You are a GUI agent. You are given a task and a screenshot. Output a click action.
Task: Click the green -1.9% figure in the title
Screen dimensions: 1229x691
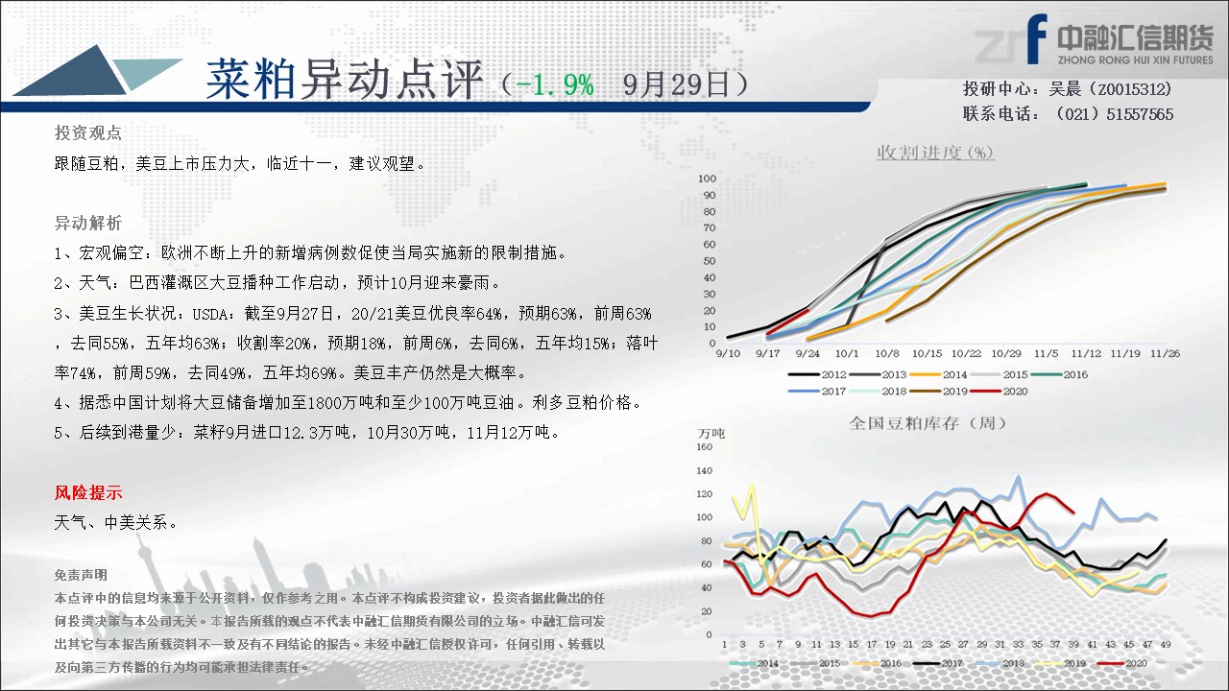click(x=555, y=85)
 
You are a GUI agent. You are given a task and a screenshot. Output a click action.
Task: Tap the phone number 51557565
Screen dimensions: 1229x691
click(x=1140, y=114)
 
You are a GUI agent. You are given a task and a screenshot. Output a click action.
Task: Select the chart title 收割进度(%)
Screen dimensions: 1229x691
click(x=935, y=152)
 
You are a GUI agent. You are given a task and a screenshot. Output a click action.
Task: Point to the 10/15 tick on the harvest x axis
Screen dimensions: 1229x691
click(x=927, y=354)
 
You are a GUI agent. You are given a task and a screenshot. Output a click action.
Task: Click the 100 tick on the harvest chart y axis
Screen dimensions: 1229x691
click(x=708, y=179)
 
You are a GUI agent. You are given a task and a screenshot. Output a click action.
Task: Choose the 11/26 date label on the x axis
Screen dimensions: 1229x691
click(x=1165, y=354)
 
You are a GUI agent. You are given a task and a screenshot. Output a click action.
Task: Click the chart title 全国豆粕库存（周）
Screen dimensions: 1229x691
click(x=928, y=423)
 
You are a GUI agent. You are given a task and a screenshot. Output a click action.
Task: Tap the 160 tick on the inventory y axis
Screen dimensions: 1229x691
click(x=704, y=447)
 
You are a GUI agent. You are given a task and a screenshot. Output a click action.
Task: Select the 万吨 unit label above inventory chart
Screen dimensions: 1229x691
click(x=711, y=433)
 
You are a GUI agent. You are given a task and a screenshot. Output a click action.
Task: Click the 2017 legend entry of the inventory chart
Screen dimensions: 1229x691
click(x=938, y=663)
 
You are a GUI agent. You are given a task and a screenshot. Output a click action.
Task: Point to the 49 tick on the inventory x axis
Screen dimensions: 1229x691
click(x=1166, y=644)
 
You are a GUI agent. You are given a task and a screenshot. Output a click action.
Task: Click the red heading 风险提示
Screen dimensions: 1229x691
click(x=88, y=492)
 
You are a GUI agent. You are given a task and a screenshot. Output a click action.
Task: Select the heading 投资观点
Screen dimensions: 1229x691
click(x=87, y=132)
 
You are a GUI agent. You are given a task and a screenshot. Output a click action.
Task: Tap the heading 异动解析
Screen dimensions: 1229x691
click(x=87, y=223)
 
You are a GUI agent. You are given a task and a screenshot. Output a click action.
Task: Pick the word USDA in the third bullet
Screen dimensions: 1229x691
click(x=209, y=314)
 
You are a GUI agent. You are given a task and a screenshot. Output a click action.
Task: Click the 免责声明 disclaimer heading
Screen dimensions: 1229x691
click(x=81, y=575)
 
